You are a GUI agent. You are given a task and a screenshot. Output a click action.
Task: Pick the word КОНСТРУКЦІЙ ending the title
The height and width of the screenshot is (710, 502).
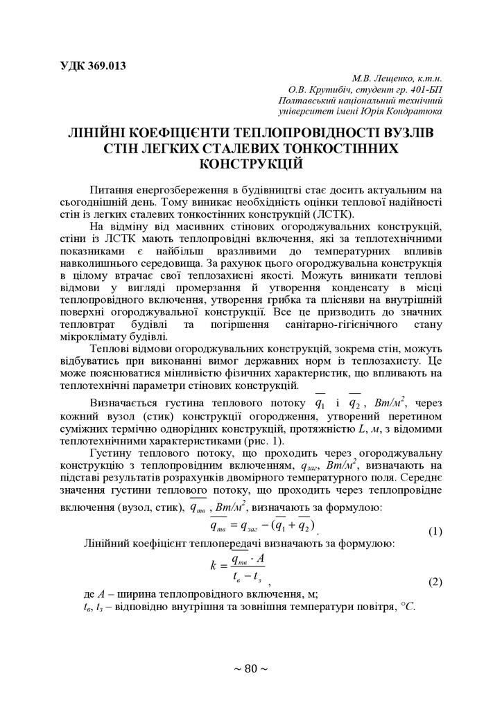(251, 165)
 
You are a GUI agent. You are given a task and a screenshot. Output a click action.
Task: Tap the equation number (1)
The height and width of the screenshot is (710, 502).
(435, 532)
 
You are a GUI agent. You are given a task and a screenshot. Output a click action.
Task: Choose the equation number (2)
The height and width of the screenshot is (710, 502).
(435, 582)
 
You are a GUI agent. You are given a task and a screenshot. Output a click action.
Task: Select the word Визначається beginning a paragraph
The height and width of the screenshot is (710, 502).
(124, 404)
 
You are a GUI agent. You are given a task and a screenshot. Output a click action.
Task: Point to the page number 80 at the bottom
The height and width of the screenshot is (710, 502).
(251, 668)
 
